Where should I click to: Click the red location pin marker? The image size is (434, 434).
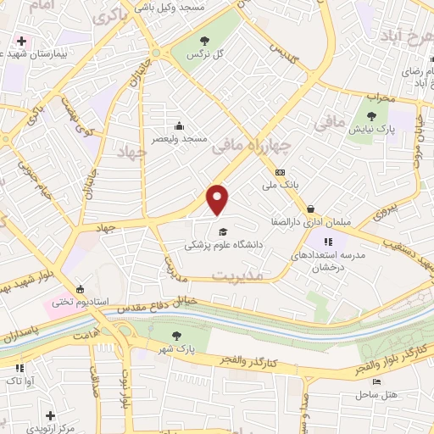click(218, 200)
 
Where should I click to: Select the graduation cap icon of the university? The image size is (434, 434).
click(223, 232)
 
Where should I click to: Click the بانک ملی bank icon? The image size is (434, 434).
click(280, 173)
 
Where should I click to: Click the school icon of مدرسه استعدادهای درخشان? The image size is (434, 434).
click(327, 242)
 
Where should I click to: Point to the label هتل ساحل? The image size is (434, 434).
click(371, 395)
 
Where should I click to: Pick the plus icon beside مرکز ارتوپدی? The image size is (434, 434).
click(51, 415)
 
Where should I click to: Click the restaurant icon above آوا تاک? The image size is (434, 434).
click(19, 368)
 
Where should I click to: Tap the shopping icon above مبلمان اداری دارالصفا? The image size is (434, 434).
click(311, 209)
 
